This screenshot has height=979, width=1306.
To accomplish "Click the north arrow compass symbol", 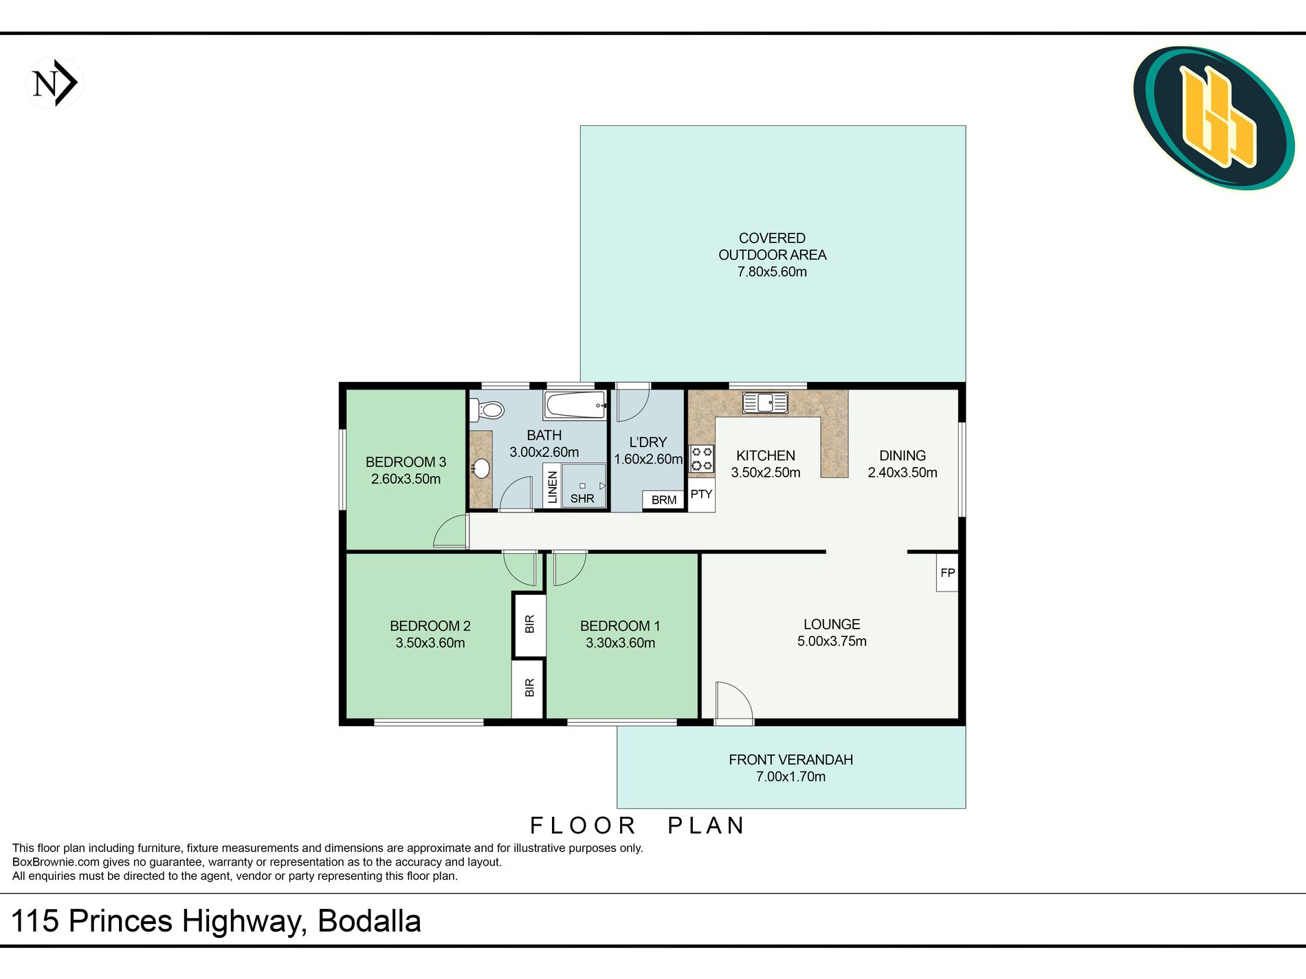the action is click(x=54, y=83).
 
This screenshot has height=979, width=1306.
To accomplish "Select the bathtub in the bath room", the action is click(x=575, y=405).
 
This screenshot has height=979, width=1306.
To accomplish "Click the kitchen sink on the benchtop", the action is click(x=765, y=402).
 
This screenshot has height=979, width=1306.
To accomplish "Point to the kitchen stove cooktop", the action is click(x=702, y=459).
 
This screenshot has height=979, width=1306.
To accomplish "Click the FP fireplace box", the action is click(x=947, y=572).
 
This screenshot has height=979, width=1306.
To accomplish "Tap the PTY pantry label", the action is click(x=701, y=494).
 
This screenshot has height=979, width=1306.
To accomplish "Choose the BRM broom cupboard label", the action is click(x=664, y=500).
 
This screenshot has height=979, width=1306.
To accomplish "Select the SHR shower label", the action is click(x=582, y=499).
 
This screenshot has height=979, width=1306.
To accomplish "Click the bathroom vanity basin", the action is click(x=481, y=469).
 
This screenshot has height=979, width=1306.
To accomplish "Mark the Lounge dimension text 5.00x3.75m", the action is click(x=832, y=642).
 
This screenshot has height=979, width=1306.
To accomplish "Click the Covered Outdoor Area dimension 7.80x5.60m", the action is click(x=772, y=272).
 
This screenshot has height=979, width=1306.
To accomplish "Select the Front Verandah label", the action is click(x=790, y=760).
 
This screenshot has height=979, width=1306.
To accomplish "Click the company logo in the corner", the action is click(x=1213, y=118).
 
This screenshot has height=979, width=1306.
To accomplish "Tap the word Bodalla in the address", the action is click(x=370, y=921).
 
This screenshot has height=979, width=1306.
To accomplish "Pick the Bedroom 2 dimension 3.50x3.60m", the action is click(x=430, y=643).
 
